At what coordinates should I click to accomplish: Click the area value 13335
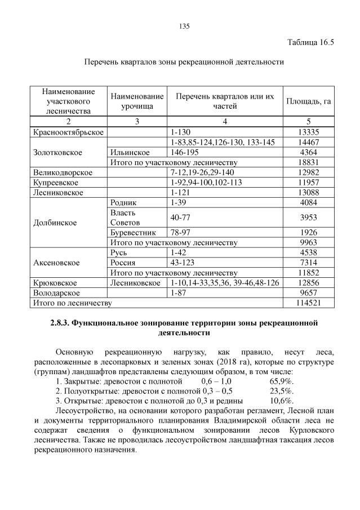coord(308,132)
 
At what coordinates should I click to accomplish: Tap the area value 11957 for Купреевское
coord(308,183)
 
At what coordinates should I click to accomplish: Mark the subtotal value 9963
coord(308,242)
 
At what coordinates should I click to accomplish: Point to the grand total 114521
coord(308,303)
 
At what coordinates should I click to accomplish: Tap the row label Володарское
coord(57,293)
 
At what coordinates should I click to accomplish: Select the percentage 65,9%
coord(282,382)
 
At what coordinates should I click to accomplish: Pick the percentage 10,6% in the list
coord(282,401)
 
